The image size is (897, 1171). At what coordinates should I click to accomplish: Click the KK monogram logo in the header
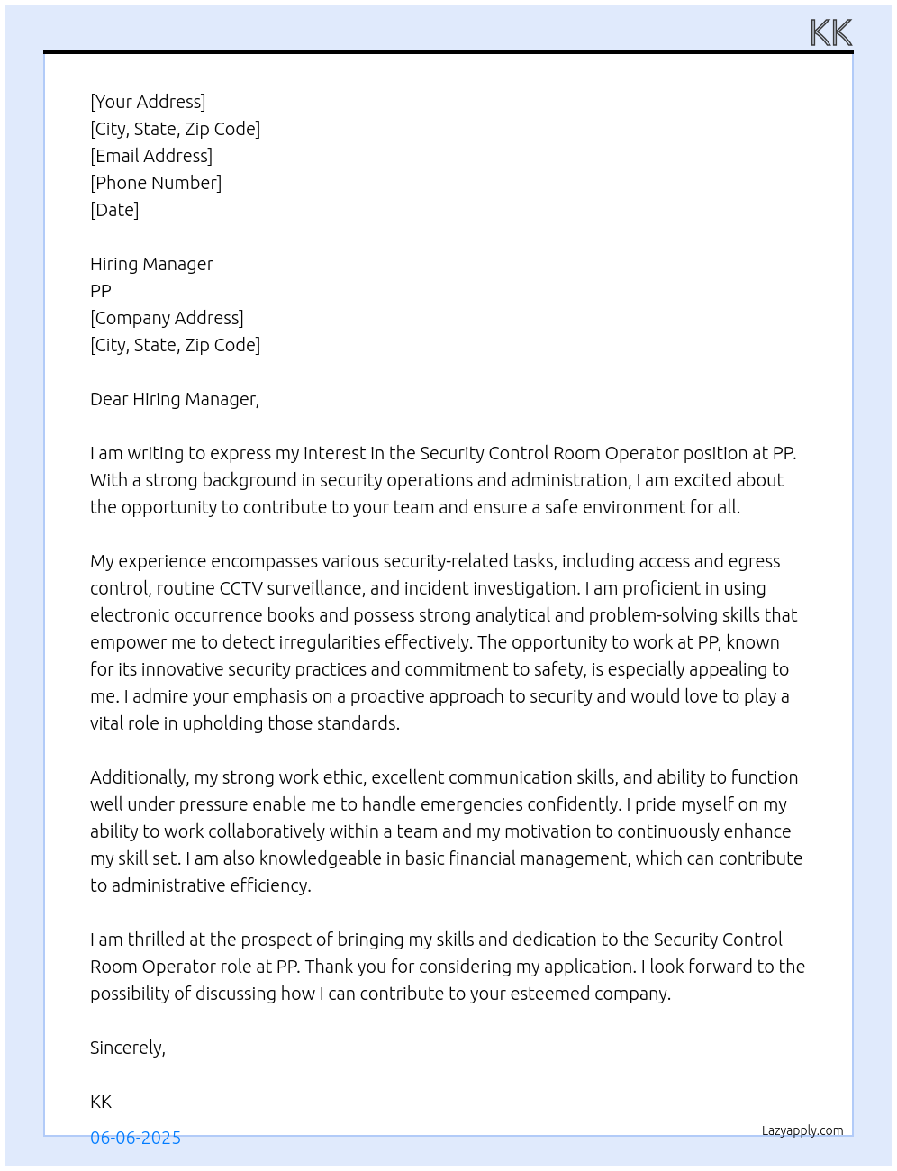(x=830, y=33)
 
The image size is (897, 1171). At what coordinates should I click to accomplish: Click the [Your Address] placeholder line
(x=148, y=102)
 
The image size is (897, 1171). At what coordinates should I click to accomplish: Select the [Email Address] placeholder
(x=151, y=156)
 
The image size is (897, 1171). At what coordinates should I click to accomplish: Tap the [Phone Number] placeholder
(x=156, y=183)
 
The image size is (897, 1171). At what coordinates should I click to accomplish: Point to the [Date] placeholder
(x=114, y=210)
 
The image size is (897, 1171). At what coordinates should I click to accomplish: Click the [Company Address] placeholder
(x=167, y=318)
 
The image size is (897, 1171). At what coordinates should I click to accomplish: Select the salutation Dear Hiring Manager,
(x=175, y=399)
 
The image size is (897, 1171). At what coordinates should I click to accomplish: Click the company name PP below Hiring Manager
(x=101, y=291)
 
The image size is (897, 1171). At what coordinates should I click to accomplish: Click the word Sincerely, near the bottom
(x=128, y=1048)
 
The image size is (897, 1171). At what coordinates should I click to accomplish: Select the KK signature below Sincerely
(x=101, y=1102)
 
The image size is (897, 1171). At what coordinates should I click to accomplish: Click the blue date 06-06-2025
(x=135, y=1138)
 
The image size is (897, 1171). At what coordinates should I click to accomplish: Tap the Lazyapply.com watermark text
(x=802, y=1130)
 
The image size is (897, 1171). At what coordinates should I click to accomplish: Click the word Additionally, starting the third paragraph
(x=140, y=777)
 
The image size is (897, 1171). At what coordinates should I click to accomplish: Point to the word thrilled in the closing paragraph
(x=157, y=940)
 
